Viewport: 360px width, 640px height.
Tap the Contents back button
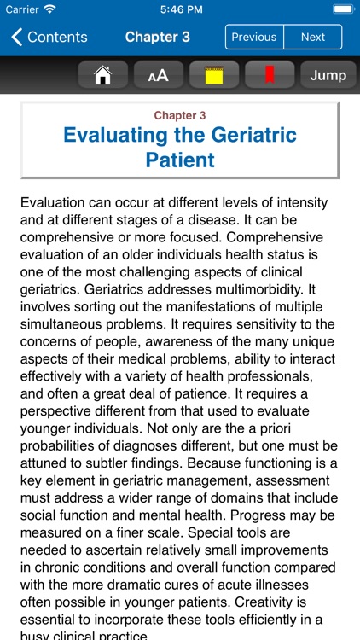49,38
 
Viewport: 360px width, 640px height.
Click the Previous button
253,38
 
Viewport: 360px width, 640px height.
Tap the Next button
312,38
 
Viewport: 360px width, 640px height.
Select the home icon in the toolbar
103,75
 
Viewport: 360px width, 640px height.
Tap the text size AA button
159,75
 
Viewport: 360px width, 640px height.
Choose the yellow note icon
214,75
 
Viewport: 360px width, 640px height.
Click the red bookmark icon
270,75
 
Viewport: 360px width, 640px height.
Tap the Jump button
328,75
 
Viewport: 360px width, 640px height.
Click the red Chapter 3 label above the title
179,115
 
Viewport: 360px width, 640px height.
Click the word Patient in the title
179,160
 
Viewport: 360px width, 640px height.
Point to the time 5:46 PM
179,10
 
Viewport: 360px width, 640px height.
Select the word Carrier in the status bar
22,10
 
